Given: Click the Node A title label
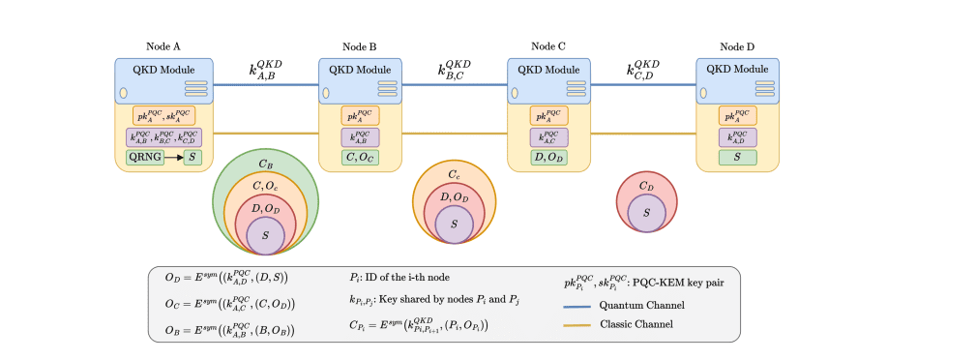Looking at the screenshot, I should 163,47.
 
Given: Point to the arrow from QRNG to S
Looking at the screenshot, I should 173,156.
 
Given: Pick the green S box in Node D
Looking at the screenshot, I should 738,157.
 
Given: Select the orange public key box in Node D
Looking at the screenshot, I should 738,115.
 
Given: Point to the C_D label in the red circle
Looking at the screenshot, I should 645,187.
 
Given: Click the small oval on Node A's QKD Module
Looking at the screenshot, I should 124,94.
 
